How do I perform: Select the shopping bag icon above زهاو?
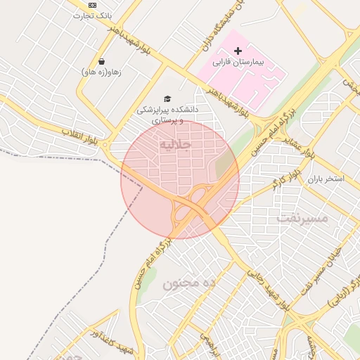[x=102, y=61]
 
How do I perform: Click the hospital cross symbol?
[x=238, y=51]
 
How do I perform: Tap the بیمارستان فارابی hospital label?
[x=240, y=63]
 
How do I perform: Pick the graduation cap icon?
[x=167, y=98]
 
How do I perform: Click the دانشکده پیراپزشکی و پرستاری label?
[x=167, y=115]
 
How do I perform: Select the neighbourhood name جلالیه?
[x=176, y=145]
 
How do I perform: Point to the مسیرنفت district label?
[x=302, y=218]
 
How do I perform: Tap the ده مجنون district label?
[x=188, y=284]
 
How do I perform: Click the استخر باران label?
[x=325, y=179]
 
